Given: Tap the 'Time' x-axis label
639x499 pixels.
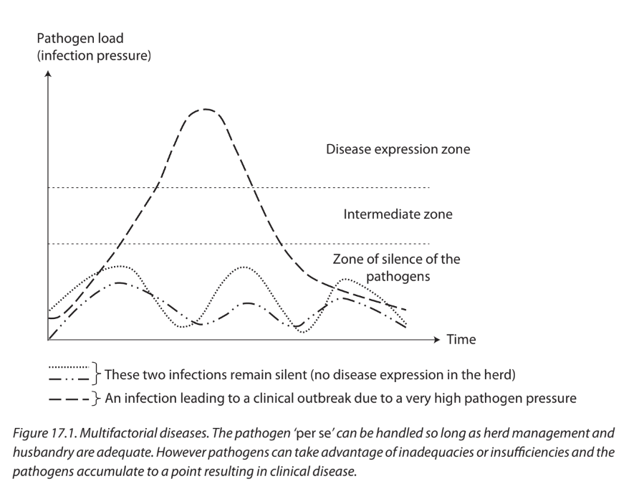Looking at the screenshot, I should point(461,340).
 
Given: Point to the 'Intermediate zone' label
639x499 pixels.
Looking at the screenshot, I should point(398,214).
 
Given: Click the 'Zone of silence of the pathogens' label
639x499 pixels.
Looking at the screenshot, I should point(398,267).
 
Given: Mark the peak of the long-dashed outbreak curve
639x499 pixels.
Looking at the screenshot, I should point(206,110).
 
